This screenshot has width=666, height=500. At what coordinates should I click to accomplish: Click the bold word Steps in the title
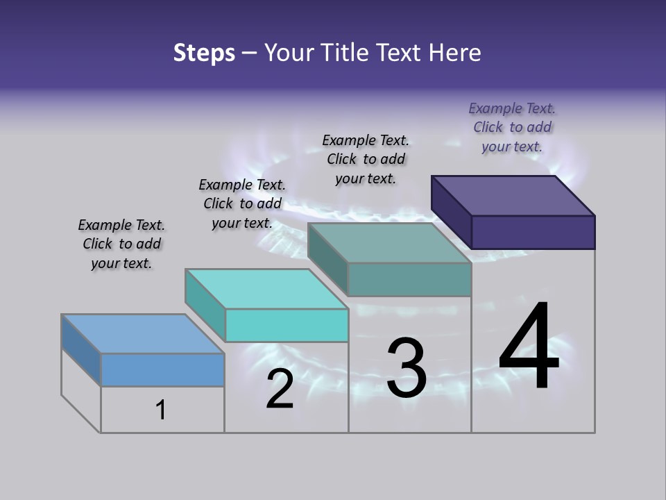click(x=204, y=53)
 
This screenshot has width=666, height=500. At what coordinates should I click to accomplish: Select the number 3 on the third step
click(x=407, y=368)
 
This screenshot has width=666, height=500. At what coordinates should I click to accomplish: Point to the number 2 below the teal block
click(x=280, y=389)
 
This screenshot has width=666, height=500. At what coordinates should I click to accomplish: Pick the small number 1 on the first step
click(x=161, y=410)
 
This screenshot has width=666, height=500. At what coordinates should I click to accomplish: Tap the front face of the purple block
click(x=533, y=232)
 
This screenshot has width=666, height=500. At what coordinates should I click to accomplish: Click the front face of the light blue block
click(x=162, y=369)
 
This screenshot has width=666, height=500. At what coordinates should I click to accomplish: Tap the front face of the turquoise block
click(x=286, y=325)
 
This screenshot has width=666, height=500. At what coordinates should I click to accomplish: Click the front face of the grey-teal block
click(x=409, y=279)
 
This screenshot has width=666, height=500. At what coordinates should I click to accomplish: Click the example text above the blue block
click(x=121, y=244)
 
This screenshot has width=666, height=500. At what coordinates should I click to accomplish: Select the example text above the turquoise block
click(x=242, y=203)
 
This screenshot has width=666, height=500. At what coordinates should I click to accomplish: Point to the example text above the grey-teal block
click(x=366, y=159)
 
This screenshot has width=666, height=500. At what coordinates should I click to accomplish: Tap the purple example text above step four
click(x=512, y=127)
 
